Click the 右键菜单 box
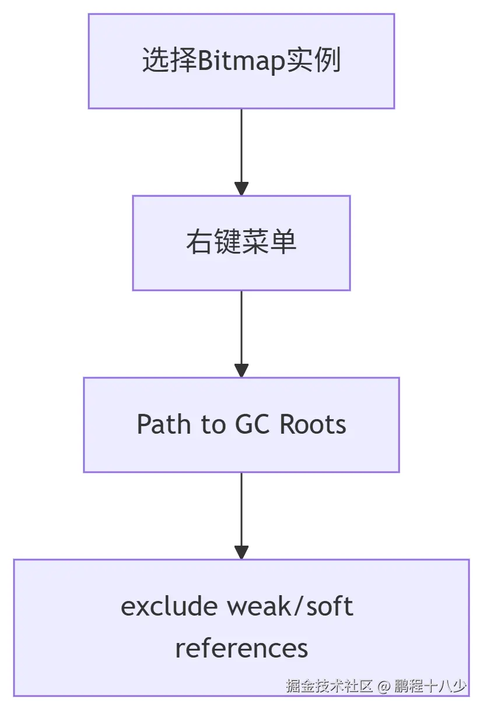point(242,242)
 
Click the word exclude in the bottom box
point(169,606)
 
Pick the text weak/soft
point(290,606)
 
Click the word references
point(242,648)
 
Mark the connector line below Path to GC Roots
point(242,507)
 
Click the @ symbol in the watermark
point(383,686)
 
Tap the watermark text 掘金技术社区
point(329,686)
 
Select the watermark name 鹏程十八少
point(430,686)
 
